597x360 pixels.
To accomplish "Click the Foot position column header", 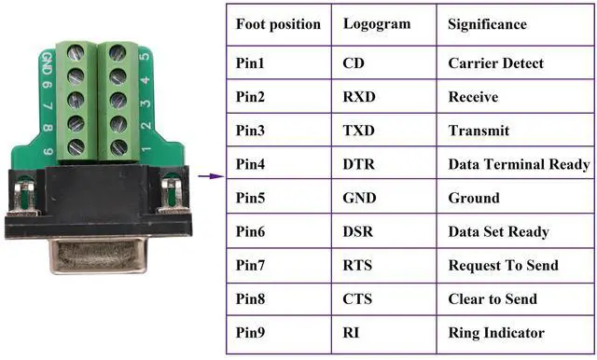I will (x=278, y=24).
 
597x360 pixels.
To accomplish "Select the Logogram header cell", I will (x=376, y=24).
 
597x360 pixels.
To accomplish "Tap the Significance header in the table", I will (x=487, y=24).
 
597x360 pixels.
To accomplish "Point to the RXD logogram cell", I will (x=359, y=97).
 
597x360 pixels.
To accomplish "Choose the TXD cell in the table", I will (x=359, y=131).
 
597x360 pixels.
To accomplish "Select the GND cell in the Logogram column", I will (x=360, y=198).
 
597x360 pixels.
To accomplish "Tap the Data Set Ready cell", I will (x=498, y=231).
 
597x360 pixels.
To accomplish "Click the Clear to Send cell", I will (x=493, y=299).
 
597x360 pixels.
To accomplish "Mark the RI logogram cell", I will (x=352, y=333).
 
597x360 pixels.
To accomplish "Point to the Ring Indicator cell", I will (x=496, y=333).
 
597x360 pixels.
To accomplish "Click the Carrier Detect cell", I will (x=495, y=63).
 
